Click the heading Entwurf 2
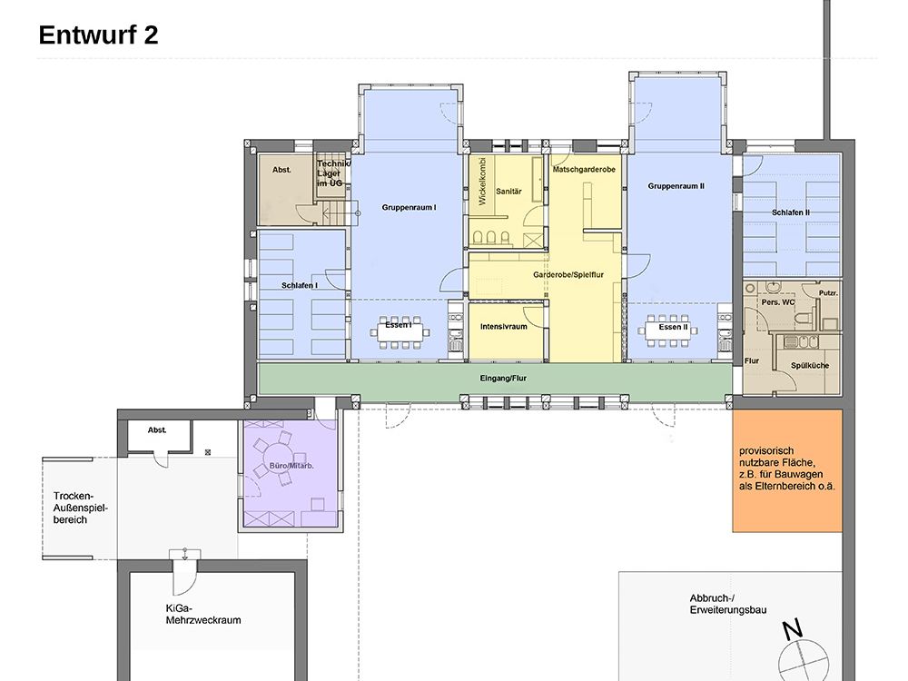pos(98,35)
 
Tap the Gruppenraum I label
pos(409,207)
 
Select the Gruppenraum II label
pos(676,186)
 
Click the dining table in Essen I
pos(400,332)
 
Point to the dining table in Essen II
pos(668,331)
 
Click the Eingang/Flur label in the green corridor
pos(503,378)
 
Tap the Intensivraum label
pos(504,327)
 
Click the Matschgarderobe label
pos(584,170)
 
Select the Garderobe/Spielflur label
pos(568,274)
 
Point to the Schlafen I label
pos(300,285)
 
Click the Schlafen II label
pos(791,212)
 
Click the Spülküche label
pos(810,365)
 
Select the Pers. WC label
pos(778,302)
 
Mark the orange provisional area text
pos(787,469)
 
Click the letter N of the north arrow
pos(793,629)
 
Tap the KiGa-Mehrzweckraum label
pos(202,615)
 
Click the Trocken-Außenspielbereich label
pos(81,508)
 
